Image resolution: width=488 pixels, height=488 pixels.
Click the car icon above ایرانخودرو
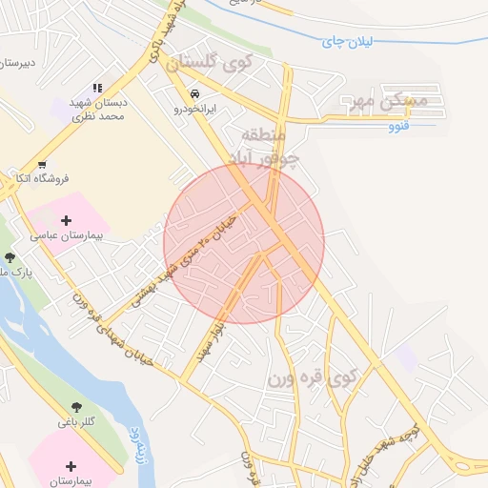point(194,94)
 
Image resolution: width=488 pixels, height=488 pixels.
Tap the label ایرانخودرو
point(195,109)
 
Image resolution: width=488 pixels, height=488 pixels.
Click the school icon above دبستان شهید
point(97,88)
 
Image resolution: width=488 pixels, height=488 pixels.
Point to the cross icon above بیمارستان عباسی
point(67,216)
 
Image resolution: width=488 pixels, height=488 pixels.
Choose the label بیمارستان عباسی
point(67,234)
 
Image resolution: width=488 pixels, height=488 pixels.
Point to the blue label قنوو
point(400,126)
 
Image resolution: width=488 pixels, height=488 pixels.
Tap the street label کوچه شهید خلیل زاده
point(405,449)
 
